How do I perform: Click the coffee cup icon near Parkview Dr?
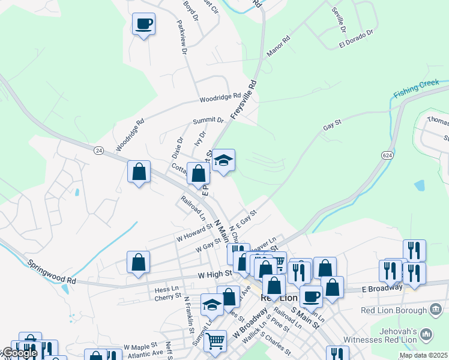(143, 25)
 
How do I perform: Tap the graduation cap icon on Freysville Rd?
(223, 161)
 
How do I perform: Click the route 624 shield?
(387, 155)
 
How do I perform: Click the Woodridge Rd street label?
(220, 97)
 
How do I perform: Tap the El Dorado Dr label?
(357, 37)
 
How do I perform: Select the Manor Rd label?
(278, 47)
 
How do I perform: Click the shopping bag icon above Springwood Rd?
(138, 263)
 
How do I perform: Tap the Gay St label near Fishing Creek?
(332, 124)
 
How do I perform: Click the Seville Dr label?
(340, 20)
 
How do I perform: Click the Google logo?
(19, 353)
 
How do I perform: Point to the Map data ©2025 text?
(424, 355)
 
